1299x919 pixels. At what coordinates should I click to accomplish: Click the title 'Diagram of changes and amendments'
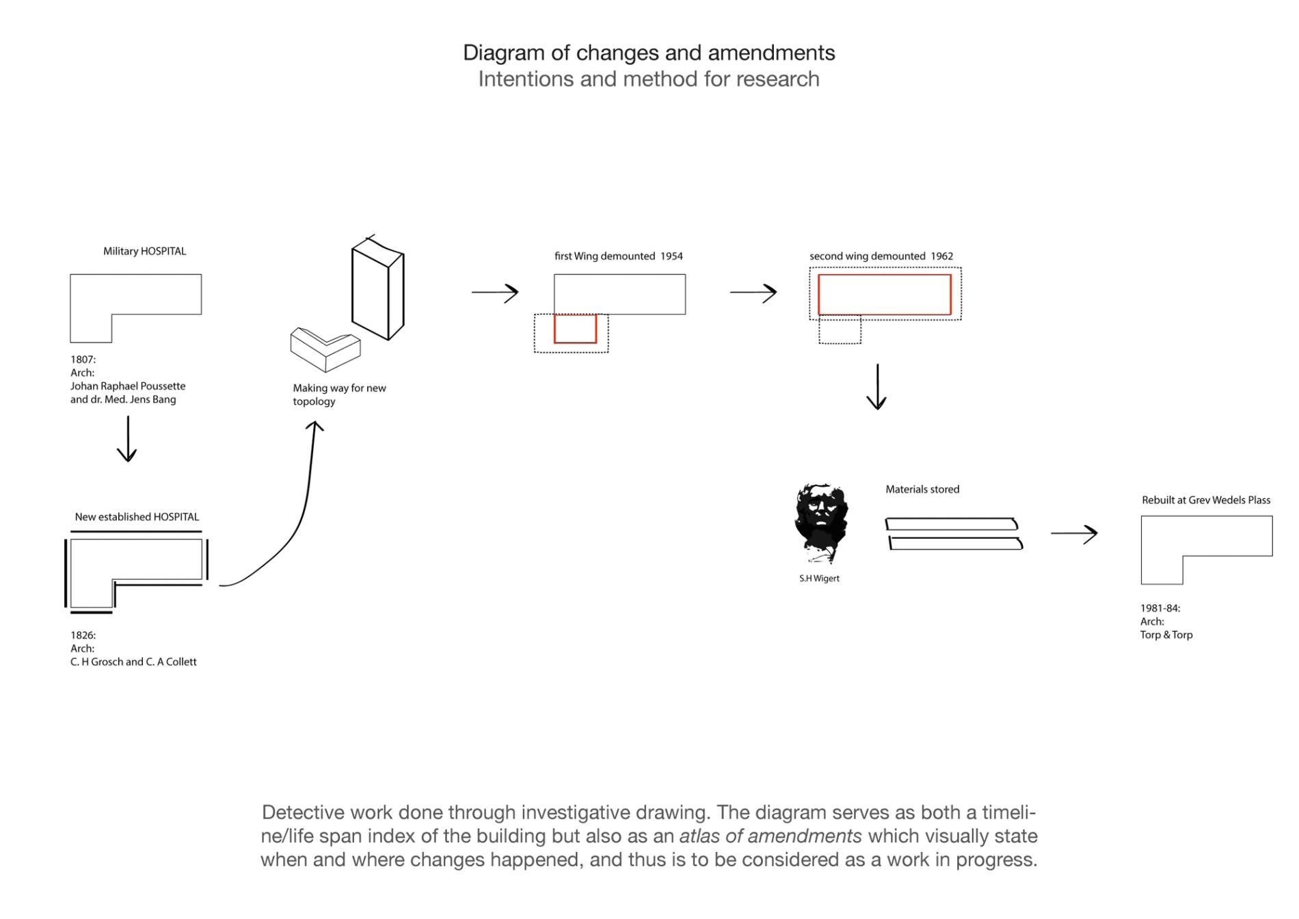pyautogui.click(x=649, y=53)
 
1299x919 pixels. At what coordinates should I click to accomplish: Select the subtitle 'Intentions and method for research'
pyautogui.click(x=649, y=79)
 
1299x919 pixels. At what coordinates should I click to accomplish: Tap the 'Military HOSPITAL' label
pyautogui.click(x=144, y=251)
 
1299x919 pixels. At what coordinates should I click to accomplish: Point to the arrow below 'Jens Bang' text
pyautogui.click(x=127, y=439)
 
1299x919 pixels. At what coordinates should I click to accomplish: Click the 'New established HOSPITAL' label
pyautogui.click(x=137, y=517)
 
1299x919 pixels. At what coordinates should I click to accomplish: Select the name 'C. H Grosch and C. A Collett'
pyautogui.click(x=133, y=662)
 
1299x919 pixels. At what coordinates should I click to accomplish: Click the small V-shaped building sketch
pyautogui.click(x=325, y=349)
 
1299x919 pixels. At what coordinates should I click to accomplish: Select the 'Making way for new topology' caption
pyautogui.click(x=339, y=395)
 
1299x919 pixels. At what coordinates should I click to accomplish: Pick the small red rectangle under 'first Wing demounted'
pyautogui.click(x=575, y=329)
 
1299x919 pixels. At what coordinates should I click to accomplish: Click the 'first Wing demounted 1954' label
pyautogui.click(x=618, y=256)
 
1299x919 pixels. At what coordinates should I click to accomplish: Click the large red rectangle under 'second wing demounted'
pyautogui.click(x=884, y=295)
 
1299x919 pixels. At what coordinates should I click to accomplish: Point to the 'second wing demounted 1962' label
pyautogui.click(x=881, y=256)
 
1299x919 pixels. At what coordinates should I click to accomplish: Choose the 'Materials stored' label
pyautogui.click(x=922, y=490)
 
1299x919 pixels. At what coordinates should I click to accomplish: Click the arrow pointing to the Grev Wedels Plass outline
pyautogui.click(x=1074, y=533)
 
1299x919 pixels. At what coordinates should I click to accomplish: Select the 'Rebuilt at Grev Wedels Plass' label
pyautogui.click(x=1205, y=500)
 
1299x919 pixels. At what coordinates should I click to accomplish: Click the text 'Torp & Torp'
pyautogui.click(x=1166, y=635)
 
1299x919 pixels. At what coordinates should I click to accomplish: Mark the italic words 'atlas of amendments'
pyautogui.click(x=770, y=836)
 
